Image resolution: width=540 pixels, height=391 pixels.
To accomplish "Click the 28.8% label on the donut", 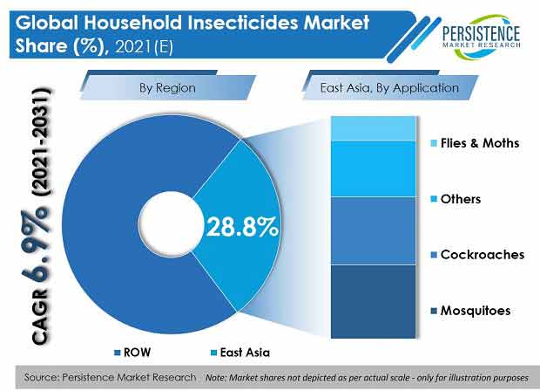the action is [242, 227].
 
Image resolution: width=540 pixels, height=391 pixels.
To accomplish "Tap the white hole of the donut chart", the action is [172, 224].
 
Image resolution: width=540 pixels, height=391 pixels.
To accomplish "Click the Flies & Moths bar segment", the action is [374, 128].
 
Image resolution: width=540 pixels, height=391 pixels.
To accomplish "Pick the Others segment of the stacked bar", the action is [374, 168].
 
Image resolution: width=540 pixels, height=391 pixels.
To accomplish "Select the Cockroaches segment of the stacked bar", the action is [374, 230].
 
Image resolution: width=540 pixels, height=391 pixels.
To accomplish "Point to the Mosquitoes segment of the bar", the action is [374, 301].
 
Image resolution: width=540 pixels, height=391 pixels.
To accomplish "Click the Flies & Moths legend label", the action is [479, 143].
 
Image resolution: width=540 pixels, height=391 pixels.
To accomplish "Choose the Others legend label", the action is [461, 199].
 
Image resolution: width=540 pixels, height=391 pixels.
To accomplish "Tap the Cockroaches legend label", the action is [483, 254].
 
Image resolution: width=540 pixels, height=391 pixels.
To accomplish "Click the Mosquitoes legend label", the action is [476, 310].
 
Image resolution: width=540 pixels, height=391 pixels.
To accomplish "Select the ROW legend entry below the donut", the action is [132, 353].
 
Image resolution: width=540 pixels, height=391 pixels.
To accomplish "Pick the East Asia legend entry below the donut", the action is [240, 353].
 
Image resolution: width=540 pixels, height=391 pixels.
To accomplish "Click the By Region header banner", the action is [168, 87].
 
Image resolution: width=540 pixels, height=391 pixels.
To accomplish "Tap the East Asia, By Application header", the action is [389, 87].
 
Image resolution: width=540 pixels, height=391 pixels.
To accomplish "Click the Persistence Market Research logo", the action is [481, 37].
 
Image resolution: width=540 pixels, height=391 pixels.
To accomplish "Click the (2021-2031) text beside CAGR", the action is [42, 142].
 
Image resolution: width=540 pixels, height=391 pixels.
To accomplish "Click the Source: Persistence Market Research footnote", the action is [110, 377].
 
